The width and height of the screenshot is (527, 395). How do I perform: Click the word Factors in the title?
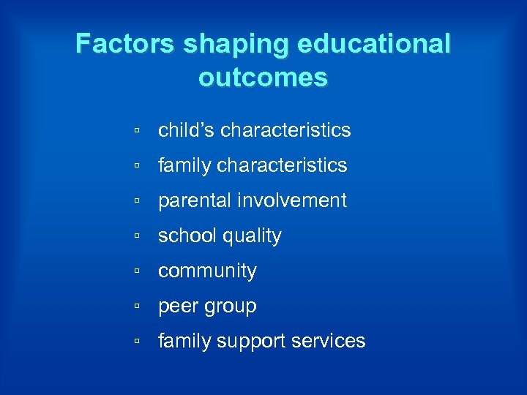point(125,45)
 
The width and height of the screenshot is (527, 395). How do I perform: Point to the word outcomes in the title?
point(263,78)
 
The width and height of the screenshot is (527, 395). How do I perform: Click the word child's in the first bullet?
point(186,130)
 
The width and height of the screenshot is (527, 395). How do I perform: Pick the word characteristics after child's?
point(285,130)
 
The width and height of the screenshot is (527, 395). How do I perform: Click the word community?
point(207,271)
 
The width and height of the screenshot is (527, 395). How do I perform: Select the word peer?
point(176,306)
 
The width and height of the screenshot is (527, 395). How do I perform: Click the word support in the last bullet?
point(250,342)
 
